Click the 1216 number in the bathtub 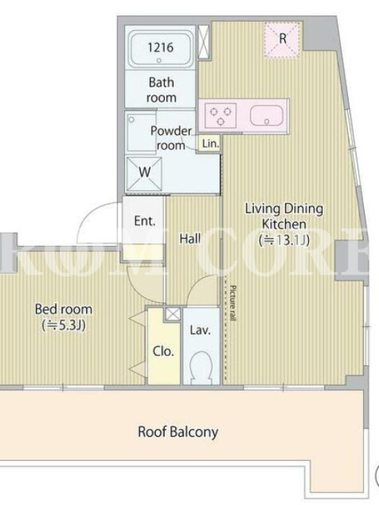pos(160,48)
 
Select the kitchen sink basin pos(267,116)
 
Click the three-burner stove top pos(220,115)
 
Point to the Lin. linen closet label pos(211,144)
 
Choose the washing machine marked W pos(144,174)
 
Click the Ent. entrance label pos(145,222)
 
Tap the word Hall pos(190,239)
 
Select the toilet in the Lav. pos(201,367)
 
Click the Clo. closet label pos(164,352)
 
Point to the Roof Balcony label pos(178,432)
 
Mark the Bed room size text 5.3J pos(64,326)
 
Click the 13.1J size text pos(285,241)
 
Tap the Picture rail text pos(233,303)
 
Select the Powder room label pos(171,138)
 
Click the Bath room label pos(162,90)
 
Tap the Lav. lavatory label pos(200,330)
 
